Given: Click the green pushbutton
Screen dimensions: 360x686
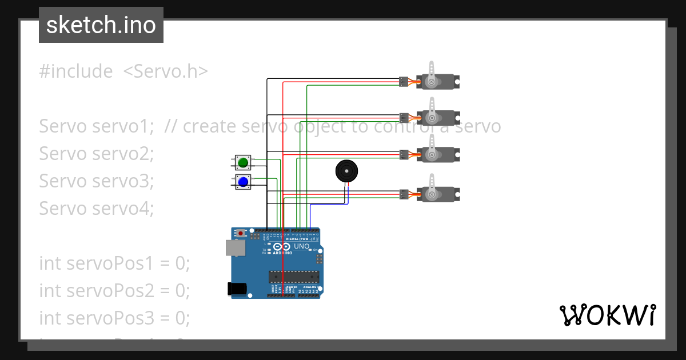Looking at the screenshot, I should point(243,163).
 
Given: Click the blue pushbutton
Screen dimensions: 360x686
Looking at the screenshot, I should point(243,182).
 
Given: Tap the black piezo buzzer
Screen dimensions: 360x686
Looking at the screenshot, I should point(346,171).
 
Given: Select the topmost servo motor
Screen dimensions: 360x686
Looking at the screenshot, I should point(438,82).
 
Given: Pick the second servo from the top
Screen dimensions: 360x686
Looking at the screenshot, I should point(438,118).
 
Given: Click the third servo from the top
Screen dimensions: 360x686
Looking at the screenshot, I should point(438,154).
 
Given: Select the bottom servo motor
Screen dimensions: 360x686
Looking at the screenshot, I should point(438,194).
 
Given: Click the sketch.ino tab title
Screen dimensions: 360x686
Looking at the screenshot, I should point(101,25).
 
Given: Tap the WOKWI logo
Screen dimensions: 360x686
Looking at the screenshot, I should point(607,315).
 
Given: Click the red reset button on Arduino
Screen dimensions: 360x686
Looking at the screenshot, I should point(241,233).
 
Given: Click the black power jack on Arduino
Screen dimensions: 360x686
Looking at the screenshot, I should point(237,289).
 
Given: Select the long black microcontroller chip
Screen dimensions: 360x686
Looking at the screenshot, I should point(294,277).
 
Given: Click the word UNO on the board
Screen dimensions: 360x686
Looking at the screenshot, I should point(302,247).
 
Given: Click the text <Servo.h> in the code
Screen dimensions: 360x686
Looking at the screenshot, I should point(165,71).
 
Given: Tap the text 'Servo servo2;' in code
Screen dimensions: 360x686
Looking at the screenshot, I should point(97,154).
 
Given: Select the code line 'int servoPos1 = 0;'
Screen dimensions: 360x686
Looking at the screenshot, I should point(114,263).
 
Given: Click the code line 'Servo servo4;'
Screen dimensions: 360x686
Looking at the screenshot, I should point(97,209).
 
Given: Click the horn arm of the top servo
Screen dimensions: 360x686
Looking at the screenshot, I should point(432,70).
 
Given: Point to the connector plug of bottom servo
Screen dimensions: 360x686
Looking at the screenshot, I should point(404,194).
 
